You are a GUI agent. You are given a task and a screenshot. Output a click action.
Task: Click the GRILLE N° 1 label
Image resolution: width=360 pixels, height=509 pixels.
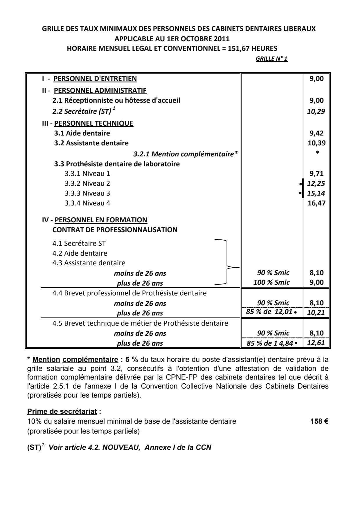(x=271, y=59)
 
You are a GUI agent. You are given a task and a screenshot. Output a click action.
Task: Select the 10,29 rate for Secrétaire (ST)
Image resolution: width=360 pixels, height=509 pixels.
(x=316, y=111)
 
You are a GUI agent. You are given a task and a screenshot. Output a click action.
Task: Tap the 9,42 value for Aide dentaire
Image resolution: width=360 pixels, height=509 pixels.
(x=317, y=133)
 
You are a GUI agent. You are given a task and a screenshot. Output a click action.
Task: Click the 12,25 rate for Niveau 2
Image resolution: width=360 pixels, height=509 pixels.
(x=316, y=183)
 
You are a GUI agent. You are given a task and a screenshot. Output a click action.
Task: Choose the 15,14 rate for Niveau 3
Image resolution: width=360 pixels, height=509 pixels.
(x=316, y=193)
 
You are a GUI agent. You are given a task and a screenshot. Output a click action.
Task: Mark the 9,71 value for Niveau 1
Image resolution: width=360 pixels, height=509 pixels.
(x=317, y=174)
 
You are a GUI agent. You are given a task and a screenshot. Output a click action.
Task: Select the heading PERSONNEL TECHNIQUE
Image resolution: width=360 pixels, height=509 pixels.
(x=94, y=123)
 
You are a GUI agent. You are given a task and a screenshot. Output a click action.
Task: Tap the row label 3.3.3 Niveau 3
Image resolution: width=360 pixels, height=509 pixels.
(x=87, y=193)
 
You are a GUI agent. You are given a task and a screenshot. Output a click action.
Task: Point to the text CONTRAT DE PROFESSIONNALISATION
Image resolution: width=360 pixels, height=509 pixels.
(x=115, y=230)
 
